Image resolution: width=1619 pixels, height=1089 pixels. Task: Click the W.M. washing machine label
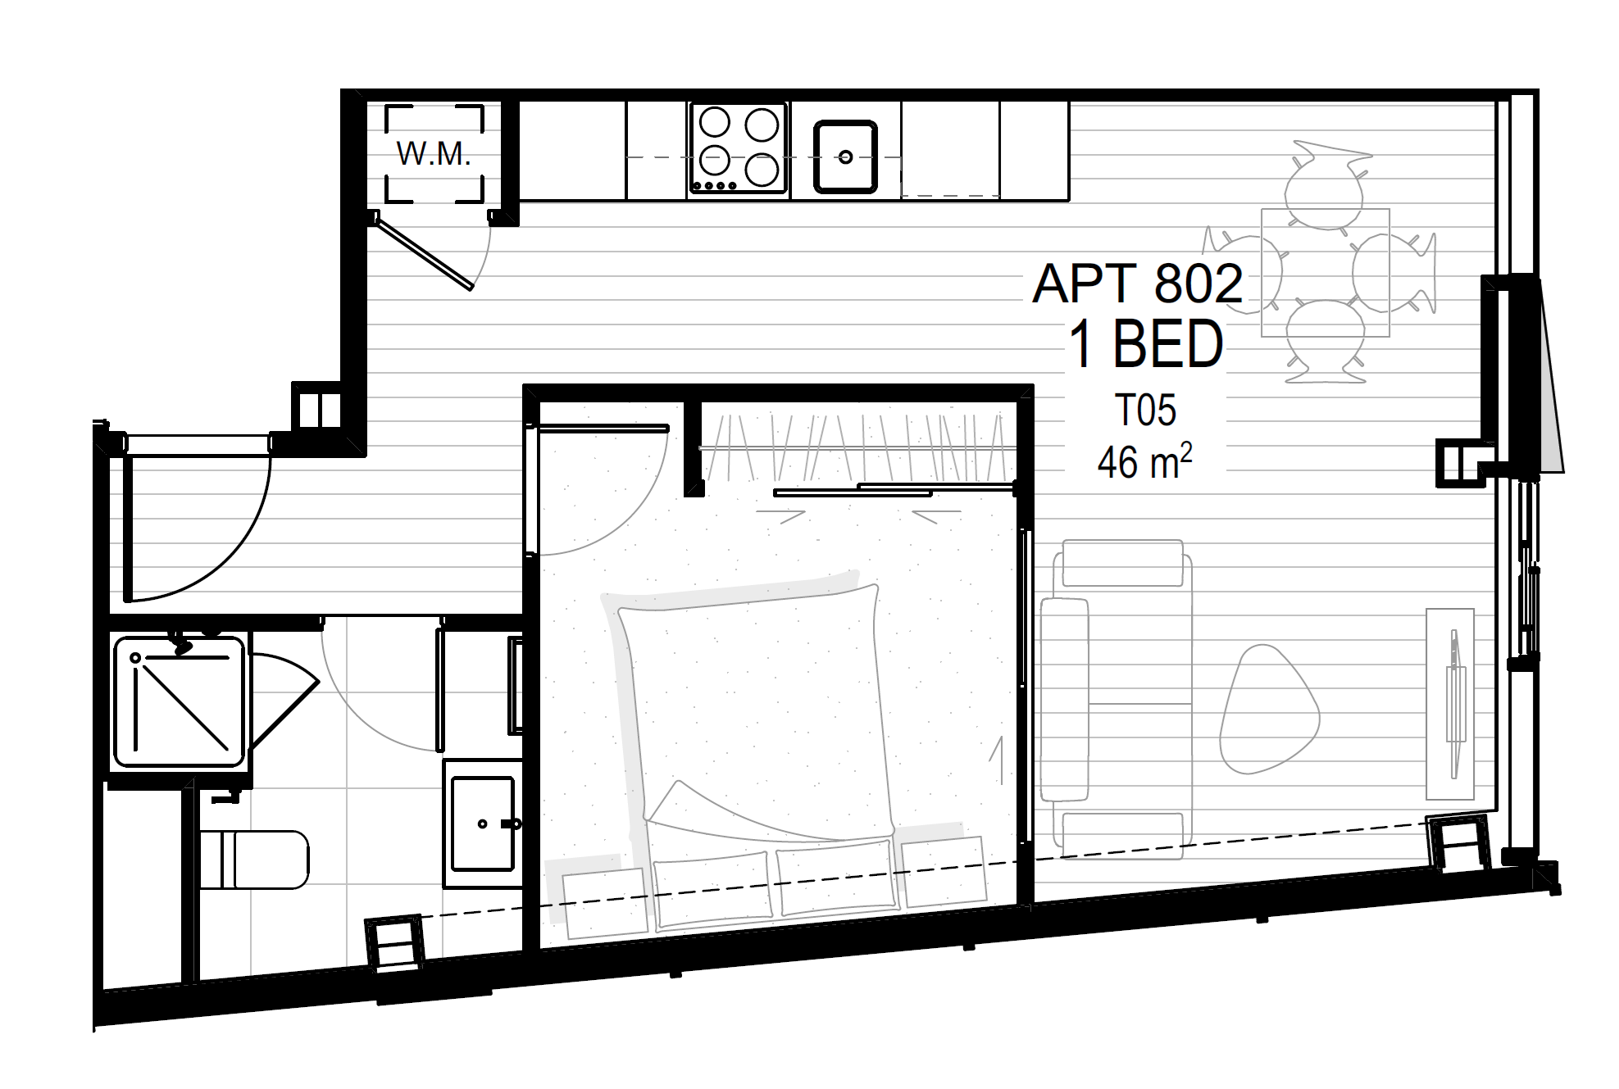tap(434, 154)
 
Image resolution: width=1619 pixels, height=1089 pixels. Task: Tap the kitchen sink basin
tap(845, 157)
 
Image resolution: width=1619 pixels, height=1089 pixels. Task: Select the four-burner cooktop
tap(739, 147)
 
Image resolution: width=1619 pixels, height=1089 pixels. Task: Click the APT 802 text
tap(1137, 284)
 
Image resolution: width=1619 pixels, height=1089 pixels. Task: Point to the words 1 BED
tap(1146, 344)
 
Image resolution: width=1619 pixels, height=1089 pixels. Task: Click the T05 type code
tap(1145, 410)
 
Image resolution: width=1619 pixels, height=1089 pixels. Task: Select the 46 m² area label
tap(1144, 461)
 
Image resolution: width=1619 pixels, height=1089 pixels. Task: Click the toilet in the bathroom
tap(254, 860)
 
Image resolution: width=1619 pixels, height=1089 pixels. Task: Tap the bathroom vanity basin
tap(483, 823)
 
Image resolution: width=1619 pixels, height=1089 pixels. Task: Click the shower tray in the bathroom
tap(180, 701)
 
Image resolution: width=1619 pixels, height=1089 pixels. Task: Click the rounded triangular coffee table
tap(1269, 710)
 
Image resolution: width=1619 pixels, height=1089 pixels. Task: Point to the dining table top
tap(1326, 273)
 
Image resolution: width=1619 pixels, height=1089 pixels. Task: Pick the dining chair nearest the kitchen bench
tap(1325, 185)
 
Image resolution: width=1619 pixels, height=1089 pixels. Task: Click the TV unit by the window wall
tap(1450, 703)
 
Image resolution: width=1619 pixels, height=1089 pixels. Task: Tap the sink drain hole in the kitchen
tap(845, 157)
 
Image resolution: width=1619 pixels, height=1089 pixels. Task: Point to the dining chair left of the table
tap(1243, 273)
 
